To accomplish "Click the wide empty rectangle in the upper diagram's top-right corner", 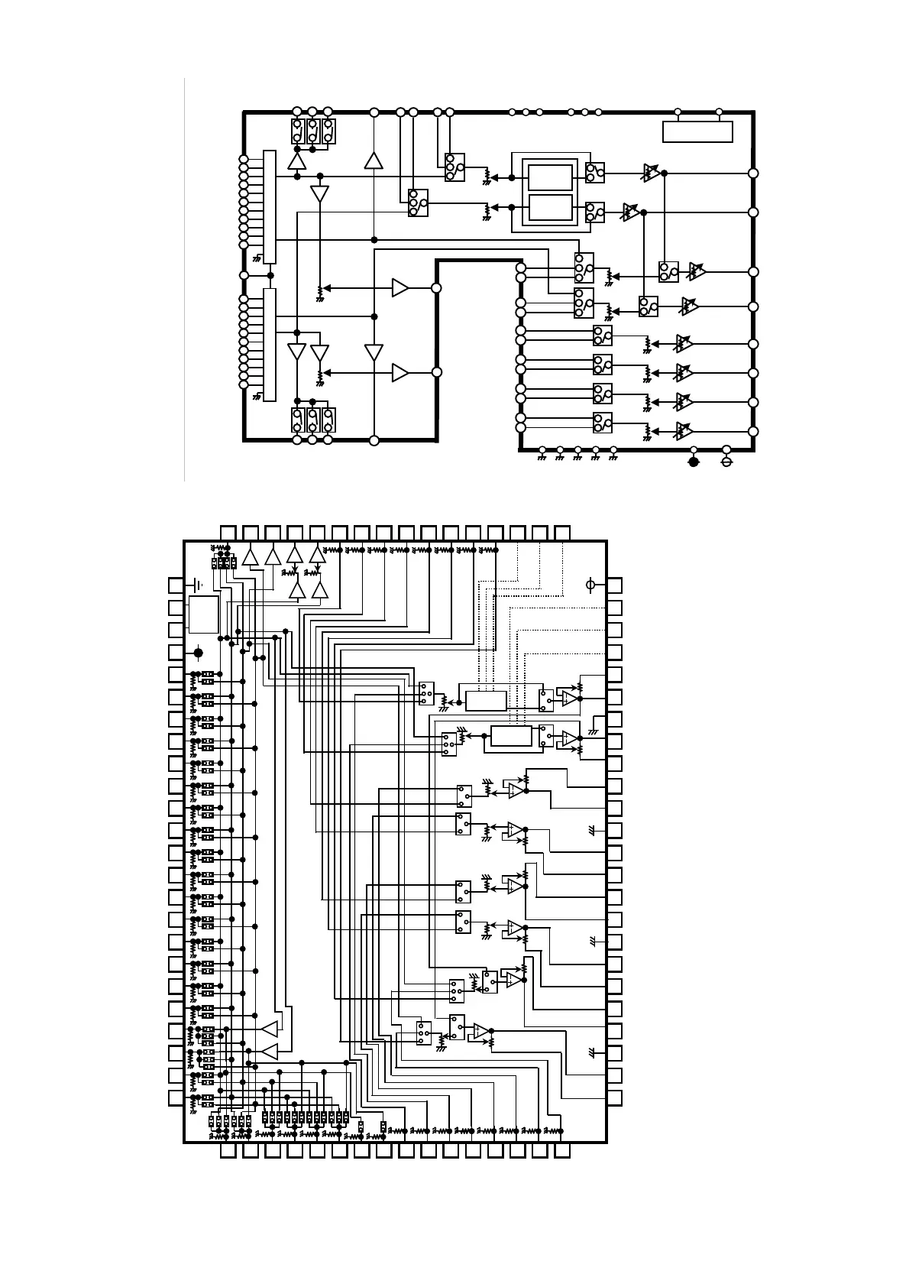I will [697, 131].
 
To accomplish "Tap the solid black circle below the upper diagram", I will [694, 462].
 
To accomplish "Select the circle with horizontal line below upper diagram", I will [726, 462].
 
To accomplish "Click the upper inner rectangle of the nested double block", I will [550, 177].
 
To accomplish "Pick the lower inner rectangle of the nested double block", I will [550, 207].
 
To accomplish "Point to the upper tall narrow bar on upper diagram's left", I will [269, 207].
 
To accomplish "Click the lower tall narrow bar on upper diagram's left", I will [269, 344].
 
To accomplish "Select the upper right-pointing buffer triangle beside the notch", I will [400, 288].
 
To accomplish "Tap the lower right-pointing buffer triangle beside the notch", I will [400, 373].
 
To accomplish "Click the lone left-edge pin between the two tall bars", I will [244, 275].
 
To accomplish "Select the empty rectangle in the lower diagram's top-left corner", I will [204, 614].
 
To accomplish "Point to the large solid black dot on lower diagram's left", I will [199, 652].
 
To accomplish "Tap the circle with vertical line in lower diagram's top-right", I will [589, 585].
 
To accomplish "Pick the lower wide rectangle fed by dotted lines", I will [511, 736].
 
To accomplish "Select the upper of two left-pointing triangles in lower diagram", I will [269, 1029].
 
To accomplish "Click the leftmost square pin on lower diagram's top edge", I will [228, 532].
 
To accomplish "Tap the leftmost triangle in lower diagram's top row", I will [251, 557].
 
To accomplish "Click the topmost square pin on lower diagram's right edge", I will [614, 585].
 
